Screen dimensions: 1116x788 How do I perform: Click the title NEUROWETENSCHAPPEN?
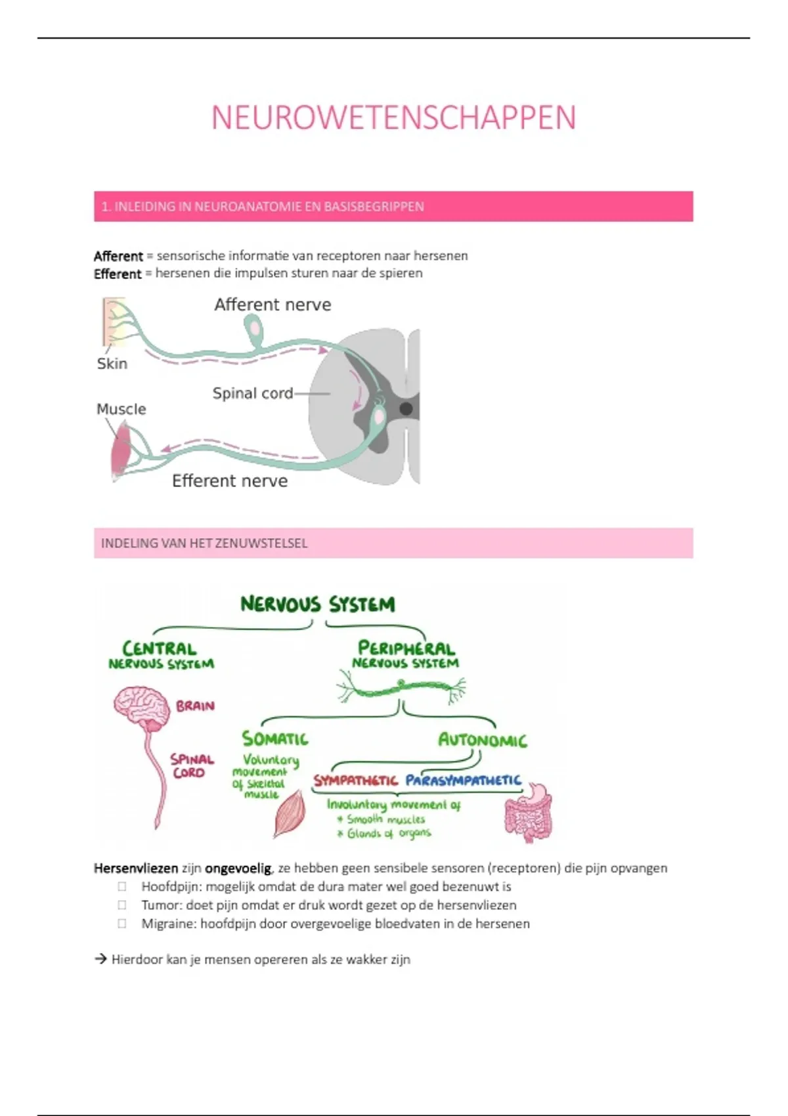[x=393, y=118]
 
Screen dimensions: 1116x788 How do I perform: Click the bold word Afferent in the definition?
[x=118, y=256]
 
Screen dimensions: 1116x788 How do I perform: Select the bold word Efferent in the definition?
[x=118, y=274]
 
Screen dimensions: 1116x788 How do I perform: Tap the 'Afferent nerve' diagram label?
[x=273, y=305]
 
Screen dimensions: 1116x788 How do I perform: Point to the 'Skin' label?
[x=112, y=364]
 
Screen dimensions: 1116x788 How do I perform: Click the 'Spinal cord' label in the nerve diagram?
[x=253, y=393]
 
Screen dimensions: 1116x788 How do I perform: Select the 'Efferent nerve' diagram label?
[x=230, y=481]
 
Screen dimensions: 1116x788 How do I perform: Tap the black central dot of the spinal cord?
[x=406, y=409]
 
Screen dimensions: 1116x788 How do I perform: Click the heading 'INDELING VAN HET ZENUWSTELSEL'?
[x=204, y=544]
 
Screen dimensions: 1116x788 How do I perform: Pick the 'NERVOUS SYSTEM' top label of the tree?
[x=318, y=605]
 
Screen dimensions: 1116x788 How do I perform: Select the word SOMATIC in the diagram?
[x=275, y=739]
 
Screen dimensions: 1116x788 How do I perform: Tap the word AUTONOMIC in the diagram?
[x=483, y=740]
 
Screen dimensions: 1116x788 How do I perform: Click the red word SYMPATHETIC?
[x=355, y=781]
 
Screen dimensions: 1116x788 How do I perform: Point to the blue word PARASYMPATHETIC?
[x=463, y=781]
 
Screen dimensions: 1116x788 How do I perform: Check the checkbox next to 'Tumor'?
[x=122, y=905]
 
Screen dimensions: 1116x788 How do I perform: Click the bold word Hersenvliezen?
[x=136, y=869]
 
